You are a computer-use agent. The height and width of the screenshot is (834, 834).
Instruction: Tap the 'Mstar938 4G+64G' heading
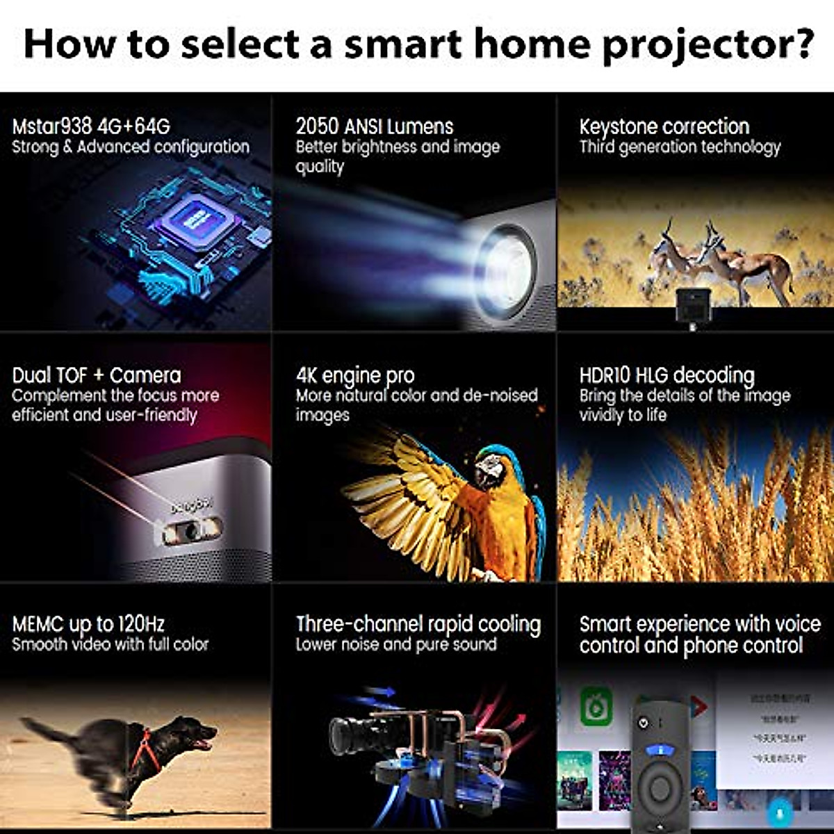(x=91, y=126)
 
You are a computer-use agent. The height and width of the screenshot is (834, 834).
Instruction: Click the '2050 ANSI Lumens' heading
(x=374, y=126)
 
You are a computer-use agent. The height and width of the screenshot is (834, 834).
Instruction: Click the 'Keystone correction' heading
(x=664, y=126)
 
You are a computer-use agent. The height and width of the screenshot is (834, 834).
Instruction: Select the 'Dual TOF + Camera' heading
(x=97, y=375)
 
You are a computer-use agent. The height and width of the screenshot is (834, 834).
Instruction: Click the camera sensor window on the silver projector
(x=191, y=531)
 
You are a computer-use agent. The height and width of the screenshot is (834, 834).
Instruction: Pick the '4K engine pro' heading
(x=354, y=375)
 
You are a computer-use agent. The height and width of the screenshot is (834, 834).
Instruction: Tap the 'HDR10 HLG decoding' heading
(x=667, y=375)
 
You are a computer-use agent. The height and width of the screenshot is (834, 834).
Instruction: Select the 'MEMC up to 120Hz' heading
(x=88, y=623)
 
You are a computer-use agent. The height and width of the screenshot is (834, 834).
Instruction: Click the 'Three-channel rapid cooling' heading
(x=418, y=623)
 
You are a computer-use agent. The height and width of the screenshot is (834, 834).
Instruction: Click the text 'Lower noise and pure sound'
(x=396, y=644)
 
